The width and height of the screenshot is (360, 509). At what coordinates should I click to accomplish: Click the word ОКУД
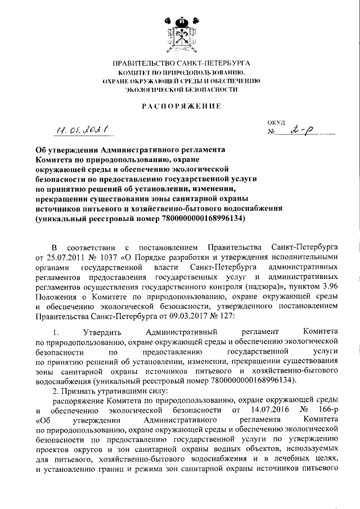coord(277,122)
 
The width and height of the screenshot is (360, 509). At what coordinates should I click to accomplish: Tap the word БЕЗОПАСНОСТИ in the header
coord(204,89)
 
